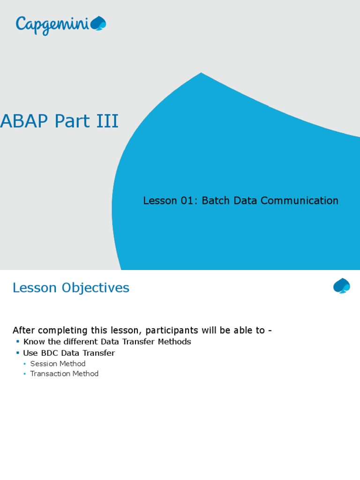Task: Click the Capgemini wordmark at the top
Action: (x=52, y=24)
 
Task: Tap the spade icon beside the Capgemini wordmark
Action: (x=98, y=23)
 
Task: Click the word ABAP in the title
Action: (x=25, y=121)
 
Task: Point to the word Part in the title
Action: (x=72, y=121)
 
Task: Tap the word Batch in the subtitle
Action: (x=216, y=201)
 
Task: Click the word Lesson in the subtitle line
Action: (x=160, y=201)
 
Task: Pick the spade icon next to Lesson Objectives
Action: (x=342, y=285)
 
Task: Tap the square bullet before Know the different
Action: (x=18, y=342)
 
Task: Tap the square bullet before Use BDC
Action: (x=18, y=353)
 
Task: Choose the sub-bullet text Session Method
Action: (x=58, y=364)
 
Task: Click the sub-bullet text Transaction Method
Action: (x=64, y=374)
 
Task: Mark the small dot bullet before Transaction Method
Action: (x=25, y=374)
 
